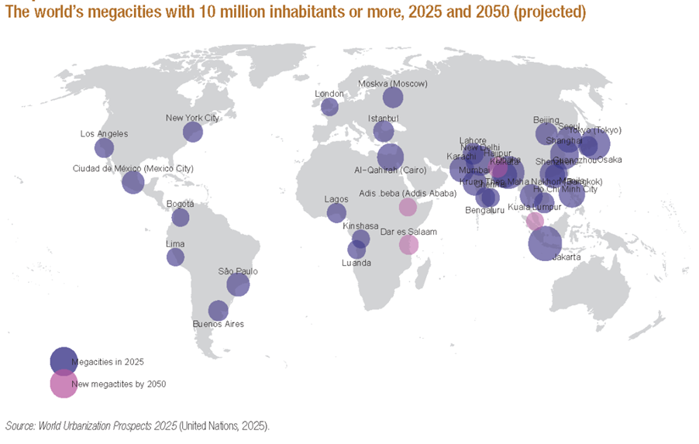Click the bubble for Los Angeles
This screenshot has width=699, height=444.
point(104,148)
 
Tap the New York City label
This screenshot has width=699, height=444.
point(192,118)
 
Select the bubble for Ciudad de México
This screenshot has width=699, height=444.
point(133,182)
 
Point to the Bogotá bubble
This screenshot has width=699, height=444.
point(180,218)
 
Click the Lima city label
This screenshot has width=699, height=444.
point(175,243)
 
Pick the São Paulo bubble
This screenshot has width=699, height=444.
point(238,285)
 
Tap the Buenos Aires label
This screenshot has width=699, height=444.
point(218,324)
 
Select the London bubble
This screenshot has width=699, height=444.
point(329,107)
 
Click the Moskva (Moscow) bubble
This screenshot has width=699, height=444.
point(393,98)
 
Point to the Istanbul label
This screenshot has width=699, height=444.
point(383,118)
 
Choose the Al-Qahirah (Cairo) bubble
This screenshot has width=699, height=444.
point(390,156)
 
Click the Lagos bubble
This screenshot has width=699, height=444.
point(336,213)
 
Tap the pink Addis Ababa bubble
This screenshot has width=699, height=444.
point(408,207)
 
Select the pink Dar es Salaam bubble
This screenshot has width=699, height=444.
point(408,245)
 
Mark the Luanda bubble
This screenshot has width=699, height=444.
point(356,250)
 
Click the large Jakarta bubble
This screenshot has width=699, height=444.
point(545,243)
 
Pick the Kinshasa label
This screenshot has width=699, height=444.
point(360,226)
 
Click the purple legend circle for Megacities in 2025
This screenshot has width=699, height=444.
point(64,361)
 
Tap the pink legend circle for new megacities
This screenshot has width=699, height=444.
point(64,384)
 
